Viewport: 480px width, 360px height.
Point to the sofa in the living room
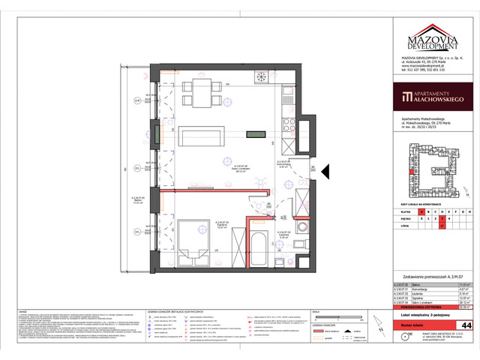tap(199, 136)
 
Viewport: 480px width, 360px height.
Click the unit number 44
tap(466, 325)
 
